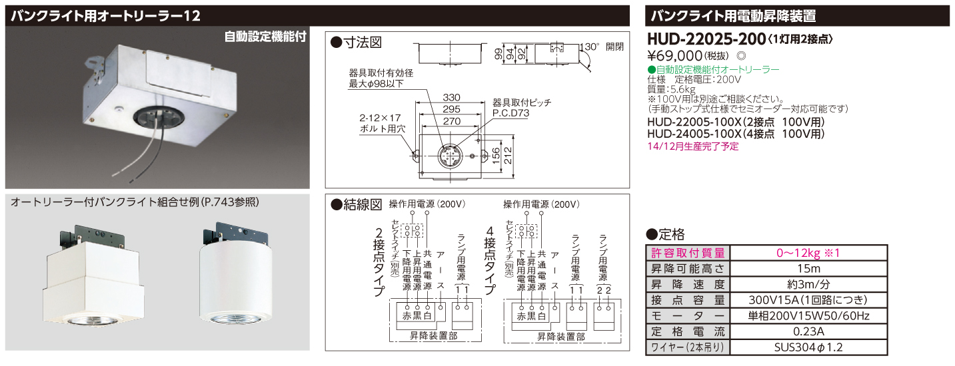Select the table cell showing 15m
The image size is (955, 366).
coord(808,268)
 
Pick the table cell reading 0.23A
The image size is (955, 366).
coord(808,331)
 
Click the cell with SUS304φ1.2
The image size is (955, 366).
coord(808,347)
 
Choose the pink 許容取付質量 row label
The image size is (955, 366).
coord(688,253)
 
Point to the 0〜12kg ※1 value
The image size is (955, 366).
coord(808,253)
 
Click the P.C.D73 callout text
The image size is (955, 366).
coord(510,114)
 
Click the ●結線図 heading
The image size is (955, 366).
coord(357,205)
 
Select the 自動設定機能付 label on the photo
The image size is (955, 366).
coord(265,37)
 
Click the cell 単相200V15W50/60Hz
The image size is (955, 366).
coord(808,315)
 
